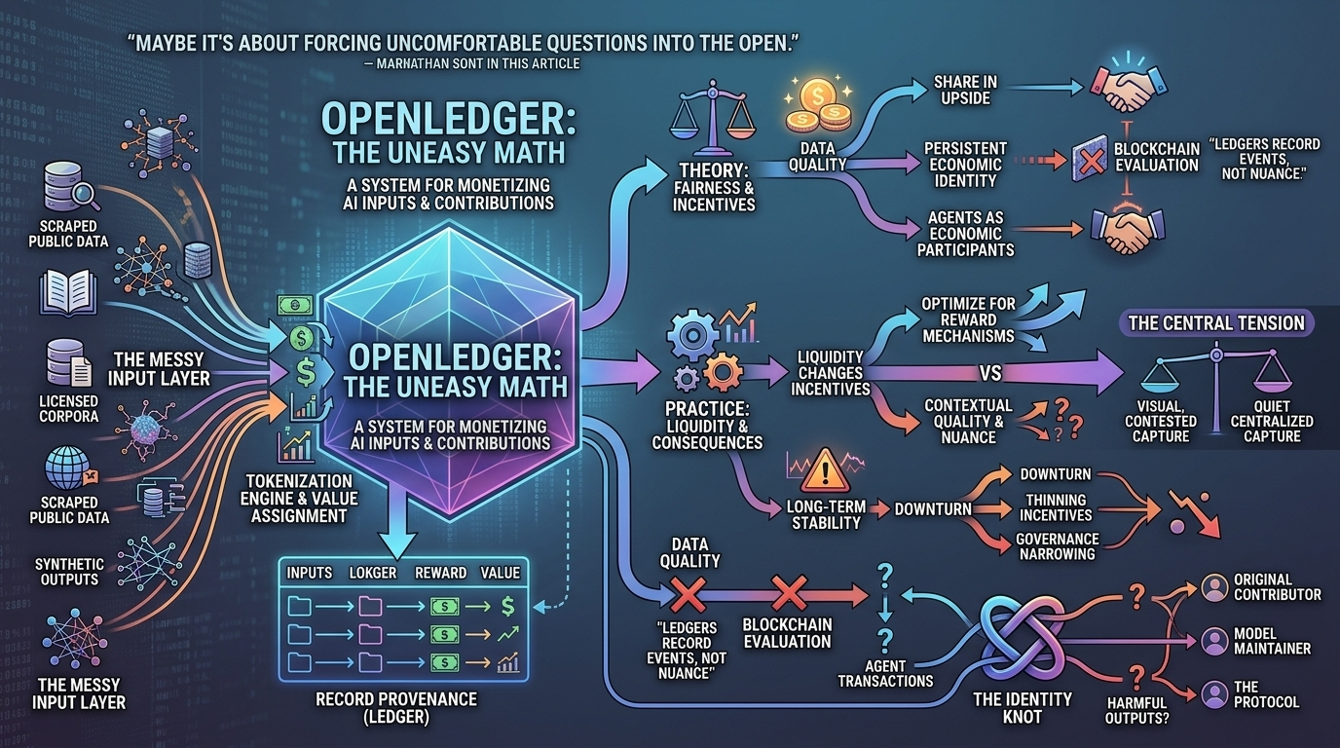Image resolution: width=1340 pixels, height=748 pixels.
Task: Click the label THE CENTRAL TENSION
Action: pos(1216,323)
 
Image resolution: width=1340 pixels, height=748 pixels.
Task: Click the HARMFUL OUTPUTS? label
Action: pos(1136,710)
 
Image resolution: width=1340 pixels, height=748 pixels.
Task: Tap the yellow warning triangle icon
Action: pos(825,470)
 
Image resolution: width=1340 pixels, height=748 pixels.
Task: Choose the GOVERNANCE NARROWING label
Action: pos(1057,546)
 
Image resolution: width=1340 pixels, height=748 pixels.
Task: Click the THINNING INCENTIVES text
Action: pos(1056,507)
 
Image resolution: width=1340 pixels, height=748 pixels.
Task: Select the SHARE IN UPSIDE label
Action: pos(965,91)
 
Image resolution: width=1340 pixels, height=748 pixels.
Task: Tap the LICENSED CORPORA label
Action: pos(68,409)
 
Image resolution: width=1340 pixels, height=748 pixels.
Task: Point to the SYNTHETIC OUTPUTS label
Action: pos(69,572)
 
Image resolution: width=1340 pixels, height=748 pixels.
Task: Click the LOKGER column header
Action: pos(373,573)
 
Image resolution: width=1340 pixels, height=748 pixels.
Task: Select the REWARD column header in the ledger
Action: pos(441,573)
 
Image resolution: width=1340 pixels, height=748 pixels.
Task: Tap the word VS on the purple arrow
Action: pos(990,373)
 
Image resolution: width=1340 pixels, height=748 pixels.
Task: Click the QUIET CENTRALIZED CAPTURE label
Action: pos(1272,421)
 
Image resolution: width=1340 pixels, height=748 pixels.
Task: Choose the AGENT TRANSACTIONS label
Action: pos(885,673)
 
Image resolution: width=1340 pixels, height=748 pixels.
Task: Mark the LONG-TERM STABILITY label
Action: pos(826,514)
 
